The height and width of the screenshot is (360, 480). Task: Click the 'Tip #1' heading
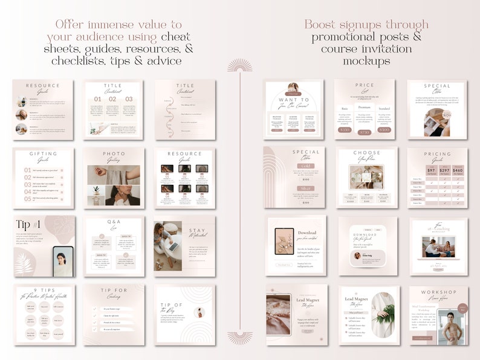(29, 225)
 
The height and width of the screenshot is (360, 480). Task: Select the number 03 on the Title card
(129, 99)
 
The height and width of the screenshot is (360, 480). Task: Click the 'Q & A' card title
(114, 222)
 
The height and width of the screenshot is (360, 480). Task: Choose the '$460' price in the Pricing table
(457, 170)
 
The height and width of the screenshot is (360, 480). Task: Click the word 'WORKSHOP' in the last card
(437, 292)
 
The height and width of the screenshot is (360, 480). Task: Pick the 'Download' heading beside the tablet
(307, 233)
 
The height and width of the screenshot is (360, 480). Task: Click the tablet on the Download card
(284, 241)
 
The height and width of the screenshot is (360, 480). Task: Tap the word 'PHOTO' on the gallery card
(114, 154)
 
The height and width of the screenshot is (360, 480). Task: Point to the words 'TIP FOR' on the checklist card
(114, 291)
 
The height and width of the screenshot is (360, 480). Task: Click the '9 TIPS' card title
(42, 290)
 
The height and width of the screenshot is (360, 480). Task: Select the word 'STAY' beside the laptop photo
(198, 230)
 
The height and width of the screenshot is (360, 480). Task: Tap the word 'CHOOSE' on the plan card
(367, 153)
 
